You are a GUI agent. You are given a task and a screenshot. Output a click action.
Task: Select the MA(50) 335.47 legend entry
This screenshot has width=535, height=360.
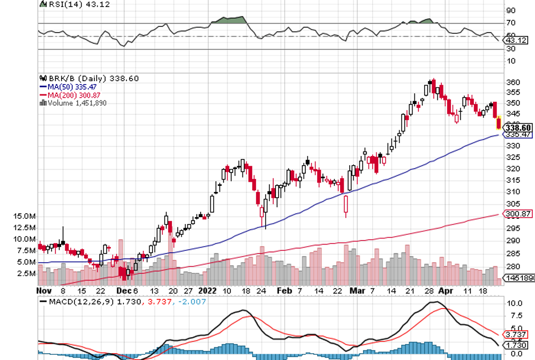[72, 87]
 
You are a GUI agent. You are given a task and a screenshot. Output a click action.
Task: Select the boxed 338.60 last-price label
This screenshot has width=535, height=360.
[518, 127]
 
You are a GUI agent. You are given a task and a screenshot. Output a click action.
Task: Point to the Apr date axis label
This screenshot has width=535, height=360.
[446, 291]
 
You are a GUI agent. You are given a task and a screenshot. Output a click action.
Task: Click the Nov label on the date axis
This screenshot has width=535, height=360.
[45, 291]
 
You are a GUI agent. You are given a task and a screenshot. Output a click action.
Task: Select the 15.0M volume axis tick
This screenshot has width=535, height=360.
[25, 217]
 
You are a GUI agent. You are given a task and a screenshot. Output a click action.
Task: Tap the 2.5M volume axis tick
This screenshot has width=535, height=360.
[27, 273]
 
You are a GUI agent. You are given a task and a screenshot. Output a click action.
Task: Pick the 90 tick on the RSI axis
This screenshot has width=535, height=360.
[510, 10]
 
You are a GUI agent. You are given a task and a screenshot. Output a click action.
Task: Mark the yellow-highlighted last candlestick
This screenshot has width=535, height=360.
[499, 122]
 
